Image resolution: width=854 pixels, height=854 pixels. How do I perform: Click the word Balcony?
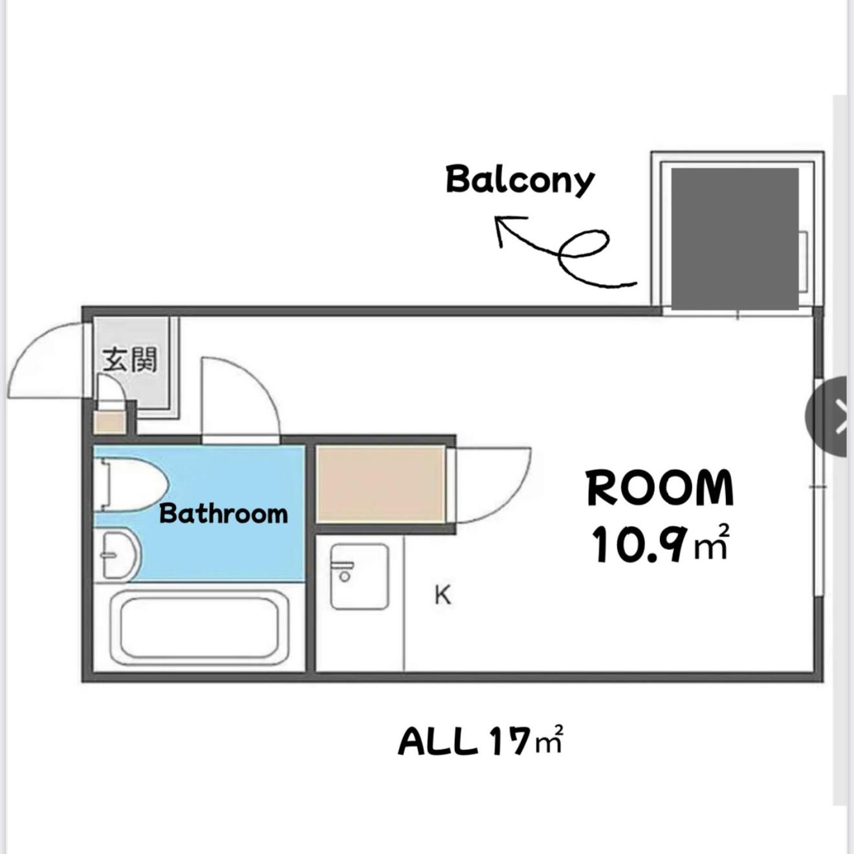click(520, 181)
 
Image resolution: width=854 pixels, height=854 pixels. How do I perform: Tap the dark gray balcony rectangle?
click(735, 239)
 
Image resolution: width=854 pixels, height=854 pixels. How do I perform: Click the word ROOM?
click(660, 488)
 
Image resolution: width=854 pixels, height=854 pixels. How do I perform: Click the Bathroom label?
click(223, 514)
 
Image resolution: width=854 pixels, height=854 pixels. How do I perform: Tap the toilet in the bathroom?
click(129, 485)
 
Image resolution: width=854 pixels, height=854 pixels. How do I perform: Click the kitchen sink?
click(360, 576)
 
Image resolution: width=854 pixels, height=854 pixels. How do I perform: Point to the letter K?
click(443, 595)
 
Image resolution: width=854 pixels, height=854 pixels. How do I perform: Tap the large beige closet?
click(381, 485)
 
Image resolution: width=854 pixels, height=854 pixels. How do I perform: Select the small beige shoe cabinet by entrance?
click(109, 422)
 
